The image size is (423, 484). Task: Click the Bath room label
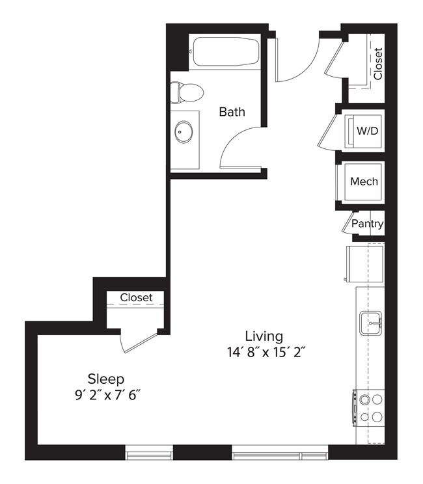[x=232, y=112]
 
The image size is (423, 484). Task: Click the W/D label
[x=367, y=131]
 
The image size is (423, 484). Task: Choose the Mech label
[x=364, y=181]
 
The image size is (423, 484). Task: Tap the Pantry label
[x=367, y=224]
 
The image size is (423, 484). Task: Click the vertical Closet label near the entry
[x=377, y=64]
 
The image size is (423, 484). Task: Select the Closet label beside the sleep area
[x=136, y=298]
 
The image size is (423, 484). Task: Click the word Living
[x=264, y=336]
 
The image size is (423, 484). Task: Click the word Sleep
[x=106, y=378]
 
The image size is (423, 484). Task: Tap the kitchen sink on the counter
[x=372, y=321]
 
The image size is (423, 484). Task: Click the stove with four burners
[x=369, y=407]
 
